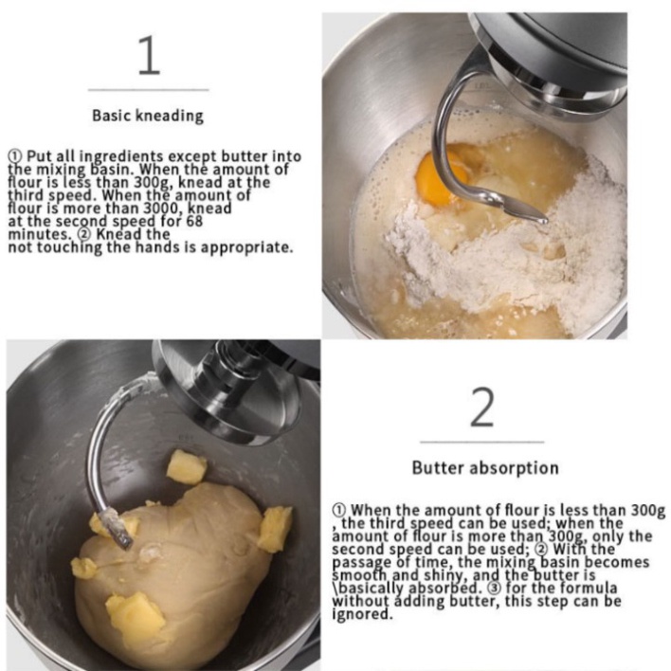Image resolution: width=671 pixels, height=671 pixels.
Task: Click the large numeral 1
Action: click(x=150, y=55)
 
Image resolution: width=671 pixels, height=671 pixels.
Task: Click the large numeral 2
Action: click(x=482, y=407)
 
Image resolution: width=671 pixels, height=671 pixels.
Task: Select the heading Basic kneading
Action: click(x=148, y=116)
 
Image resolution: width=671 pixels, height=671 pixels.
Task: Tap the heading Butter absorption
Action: click(x=485, y=468)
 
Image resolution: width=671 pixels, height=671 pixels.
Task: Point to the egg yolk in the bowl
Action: click(x=442, y=178)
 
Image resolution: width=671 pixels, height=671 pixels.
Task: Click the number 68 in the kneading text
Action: click(x=194, y=221)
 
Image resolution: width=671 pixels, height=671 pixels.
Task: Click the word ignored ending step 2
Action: click(x=362, y=614)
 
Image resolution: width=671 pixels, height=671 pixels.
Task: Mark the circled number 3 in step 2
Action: click(x=495, y=588)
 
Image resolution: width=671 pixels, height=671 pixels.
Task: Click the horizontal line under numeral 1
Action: click(x=149, y=90)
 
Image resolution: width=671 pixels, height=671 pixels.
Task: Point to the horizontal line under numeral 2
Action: click(x=482, y=442)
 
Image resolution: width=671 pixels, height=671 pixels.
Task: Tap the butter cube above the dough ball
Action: click(x=187, y=467)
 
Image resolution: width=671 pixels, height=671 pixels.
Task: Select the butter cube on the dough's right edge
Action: click(x=275, y=529)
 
